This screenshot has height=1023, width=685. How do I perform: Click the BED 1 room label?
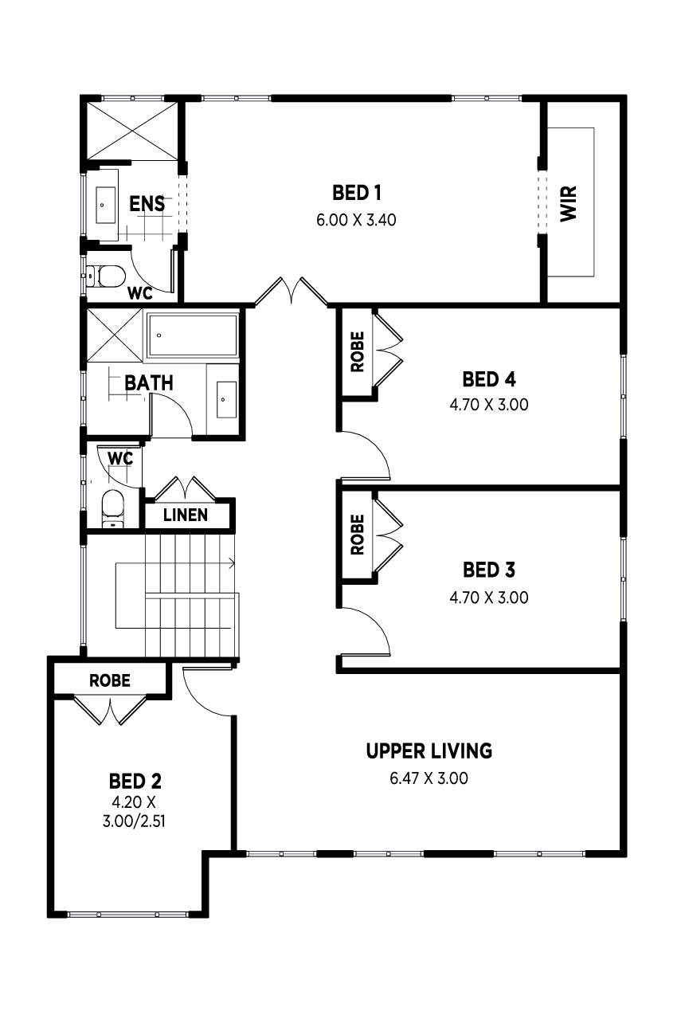(x=357, y=193)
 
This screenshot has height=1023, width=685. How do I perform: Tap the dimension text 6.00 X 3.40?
(x=356, y=220)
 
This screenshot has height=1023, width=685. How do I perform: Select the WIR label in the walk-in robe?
(x=569, y=204)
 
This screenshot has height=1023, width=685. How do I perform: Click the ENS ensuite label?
(x=147, y=204)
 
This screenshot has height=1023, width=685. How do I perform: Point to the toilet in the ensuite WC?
(x=106, y=276)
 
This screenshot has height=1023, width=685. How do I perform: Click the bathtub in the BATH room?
(x=192, y=335)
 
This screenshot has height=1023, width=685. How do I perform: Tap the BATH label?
(x=149, y=382)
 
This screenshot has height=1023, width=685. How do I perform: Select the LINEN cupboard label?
(x=186, y=515)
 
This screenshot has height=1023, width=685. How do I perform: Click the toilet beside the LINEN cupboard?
(x=113, y=508)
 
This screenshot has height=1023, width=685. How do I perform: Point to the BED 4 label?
(x=488, y=379)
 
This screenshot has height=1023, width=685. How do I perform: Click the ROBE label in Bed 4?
(x=357, y=351)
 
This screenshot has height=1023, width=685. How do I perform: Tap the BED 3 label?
(x=488, y=570)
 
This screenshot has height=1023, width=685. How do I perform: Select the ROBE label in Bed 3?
(x=357, y=535)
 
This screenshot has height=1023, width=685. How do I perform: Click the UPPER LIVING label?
(x=429, y=751)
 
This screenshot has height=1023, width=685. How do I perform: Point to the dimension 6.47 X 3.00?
(x=429, y=778)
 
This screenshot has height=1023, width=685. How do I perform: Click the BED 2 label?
(x=135, y=782)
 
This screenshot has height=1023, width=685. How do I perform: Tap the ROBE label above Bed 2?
(x=110, y=681)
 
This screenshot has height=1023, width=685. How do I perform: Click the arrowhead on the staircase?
(x=232, y=563)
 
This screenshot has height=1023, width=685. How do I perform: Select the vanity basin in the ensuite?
(x=104, y=206)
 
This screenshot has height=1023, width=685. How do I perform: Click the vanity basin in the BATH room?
(x=226, y=400)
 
